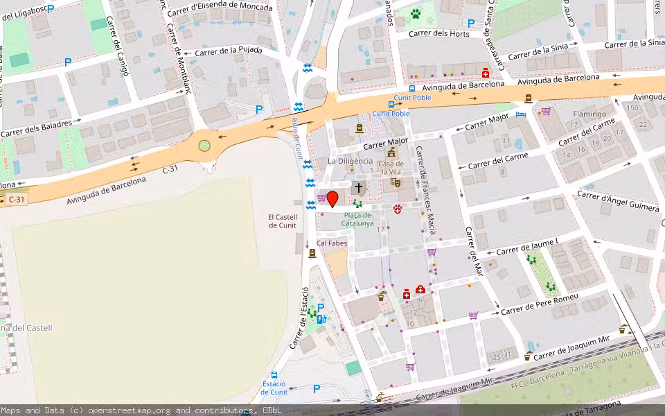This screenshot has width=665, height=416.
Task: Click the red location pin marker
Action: click(x=332, y=199)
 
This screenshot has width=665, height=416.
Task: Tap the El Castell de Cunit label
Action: click(x=283, y=221)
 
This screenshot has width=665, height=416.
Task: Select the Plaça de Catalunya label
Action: click(x=357, y=219)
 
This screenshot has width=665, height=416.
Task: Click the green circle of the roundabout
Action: click(x=204, y=146)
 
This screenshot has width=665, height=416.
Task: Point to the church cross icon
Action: click(x=358, y=187)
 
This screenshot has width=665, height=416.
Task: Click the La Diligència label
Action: click(x=350, y=161)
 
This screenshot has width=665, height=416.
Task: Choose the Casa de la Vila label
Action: click(x=391, y=167)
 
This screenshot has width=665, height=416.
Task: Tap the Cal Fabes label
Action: click(x=332, y=243)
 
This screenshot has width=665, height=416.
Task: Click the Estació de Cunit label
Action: click(x=274, y=388)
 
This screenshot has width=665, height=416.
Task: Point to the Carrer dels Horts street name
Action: click(x=438, y=33)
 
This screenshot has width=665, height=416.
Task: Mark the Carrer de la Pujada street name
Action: click(x=229, y=51)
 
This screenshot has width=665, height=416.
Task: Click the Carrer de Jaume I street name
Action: click(x=527, y=246)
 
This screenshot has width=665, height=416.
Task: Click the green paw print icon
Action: click(x=416, y=13)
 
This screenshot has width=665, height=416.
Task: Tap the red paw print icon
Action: click(x=398, y=209)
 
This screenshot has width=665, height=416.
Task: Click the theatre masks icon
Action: click(x=396, y=182)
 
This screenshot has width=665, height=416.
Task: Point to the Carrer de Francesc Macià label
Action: click(x=425, y=187)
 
